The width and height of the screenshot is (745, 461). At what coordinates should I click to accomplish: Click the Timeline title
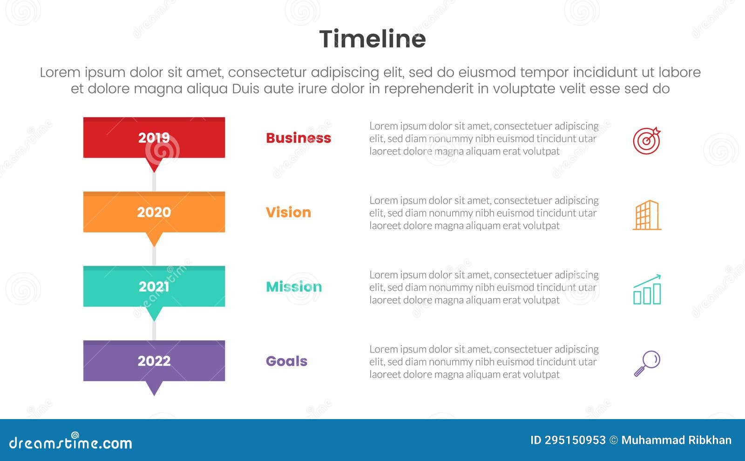(x=372, y=39)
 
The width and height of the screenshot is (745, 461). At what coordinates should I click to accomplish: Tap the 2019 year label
(x=154, y=138)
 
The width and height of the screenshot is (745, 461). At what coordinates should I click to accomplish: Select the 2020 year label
(x=154, y=212)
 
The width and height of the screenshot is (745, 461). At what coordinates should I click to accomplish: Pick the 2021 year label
(x=154, y=287)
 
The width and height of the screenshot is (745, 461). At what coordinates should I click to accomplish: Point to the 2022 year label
(x=154, y=361)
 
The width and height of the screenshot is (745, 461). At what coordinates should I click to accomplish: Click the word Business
(x=298, y=138)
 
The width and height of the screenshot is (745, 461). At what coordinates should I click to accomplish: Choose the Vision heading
(x=288, y=212)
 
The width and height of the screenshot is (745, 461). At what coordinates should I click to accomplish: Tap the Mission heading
(x=294, y=287)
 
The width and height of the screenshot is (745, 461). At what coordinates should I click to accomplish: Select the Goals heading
(x=286, y=361)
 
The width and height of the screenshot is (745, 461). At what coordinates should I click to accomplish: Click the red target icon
(x=647, y=141)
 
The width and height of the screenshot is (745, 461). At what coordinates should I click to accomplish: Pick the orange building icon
(x=647, y=215)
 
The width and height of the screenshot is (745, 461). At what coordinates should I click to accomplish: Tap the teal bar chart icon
(x=647, y=290)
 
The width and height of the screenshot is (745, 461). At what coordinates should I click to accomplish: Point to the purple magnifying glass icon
(x=647, y=363)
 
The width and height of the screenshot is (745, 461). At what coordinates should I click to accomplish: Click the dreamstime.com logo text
(x=71, y=443)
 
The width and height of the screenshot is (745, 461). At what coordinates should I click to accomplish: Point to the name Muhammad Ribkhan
(x=676, y=440)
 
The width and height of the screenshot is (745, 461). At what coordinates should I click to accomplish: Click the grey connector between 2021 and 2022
(x=154, y=331)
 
